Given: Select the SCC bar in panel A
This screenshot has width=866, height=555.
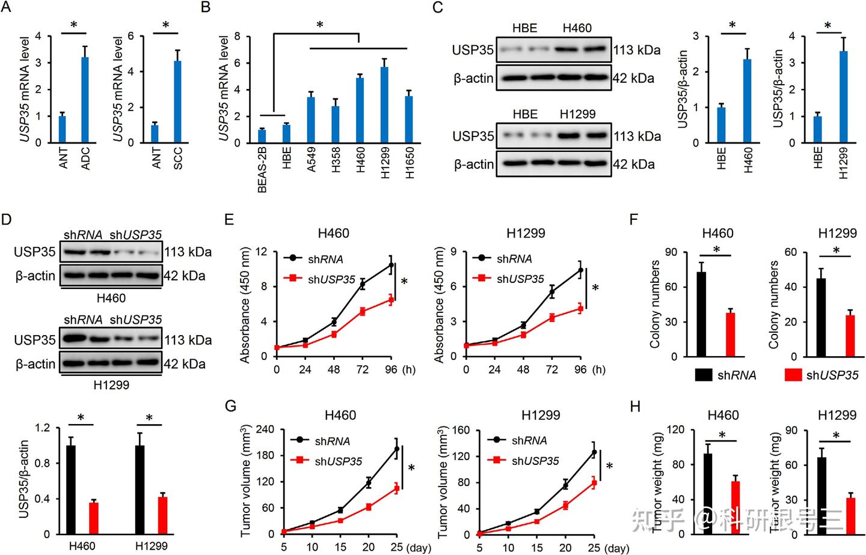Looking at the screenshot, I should point(177,102).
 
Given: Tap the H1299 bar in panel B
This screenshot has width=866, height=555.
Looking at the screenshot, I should point(384,105).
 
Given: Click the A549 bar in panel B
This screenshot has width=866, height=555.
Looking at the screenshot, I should point(311,120).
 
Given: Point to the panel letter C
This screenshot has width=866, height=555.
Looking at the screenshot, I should point(438,7).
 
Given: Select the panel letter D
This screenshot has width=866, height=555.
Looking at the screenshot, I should point(7,219).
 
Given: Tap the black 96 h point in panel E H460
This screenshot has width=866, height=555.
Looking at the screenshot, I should point(391,265).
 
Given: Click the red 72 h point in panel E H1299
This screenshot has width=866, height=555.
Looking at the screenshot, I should point(551,318).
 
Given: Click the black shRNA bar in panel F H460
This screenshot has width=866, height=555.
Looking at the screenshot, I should point(701,314).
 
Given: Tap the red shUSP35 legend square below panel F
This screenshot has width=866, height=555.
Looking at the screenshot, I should point(793,375).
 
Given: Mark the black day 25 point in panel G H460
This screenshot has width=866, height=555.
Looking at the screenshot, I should point(396,449).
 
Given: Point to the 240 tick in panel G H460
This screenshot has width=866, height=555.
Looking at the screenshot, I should point(265,429).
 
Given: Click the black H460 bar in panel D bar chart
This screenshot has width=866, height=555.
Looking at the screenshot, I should point(71,490).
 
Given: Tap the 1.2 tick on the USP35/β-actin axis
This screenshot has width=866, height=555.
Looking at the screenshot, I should point(43,428).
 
